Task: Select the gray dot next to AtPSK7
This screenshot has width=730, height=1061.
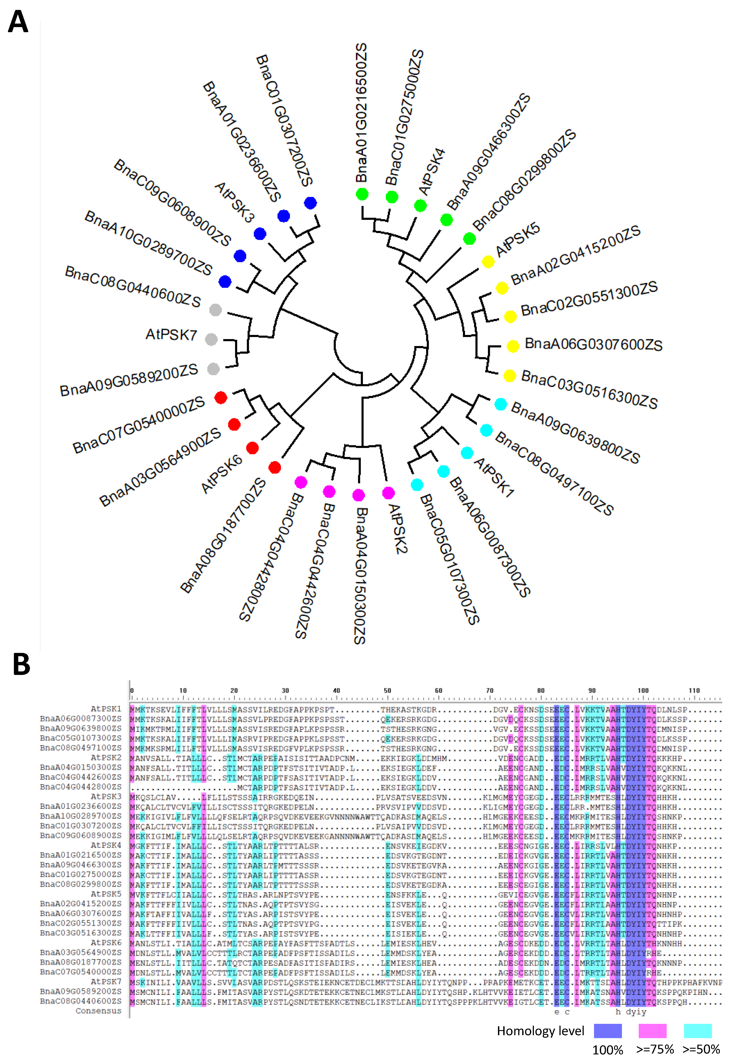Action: tap(211, 339)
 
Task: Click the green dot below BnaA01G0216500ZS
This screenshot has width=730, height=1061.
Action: tap(362, 194)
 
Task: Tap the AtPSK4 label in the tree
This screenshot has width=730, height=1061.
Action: tap(431, 171)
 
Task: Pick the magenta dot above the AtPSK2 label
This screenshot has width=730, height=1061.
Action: tap(388, 492)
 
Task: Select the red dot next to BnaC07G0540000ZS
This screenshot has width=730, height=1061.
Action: tap(221, 398)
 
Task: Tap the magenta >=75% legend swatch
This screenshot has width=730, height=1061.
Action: tap(652, 1031)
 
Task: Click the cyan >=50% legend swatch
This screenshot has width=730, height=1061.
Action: tap(698, 1031)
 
